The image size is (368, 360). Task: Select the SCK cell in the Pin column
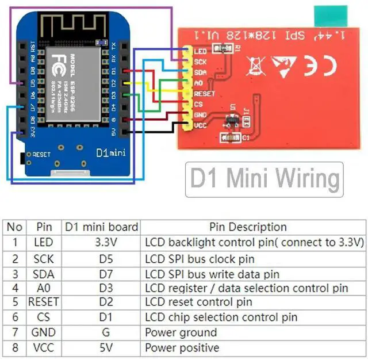(44, 259)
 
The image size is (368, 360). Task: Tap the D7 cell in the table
(101, 274)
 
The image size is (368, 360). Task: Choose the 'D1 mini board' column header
(101, 227)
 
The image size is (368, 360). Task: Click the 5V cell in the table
(101, 347)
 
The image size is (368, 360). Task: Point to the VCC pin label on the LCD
(201, 125)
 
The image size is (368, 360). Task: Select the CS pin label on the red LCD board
(198, 104)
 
